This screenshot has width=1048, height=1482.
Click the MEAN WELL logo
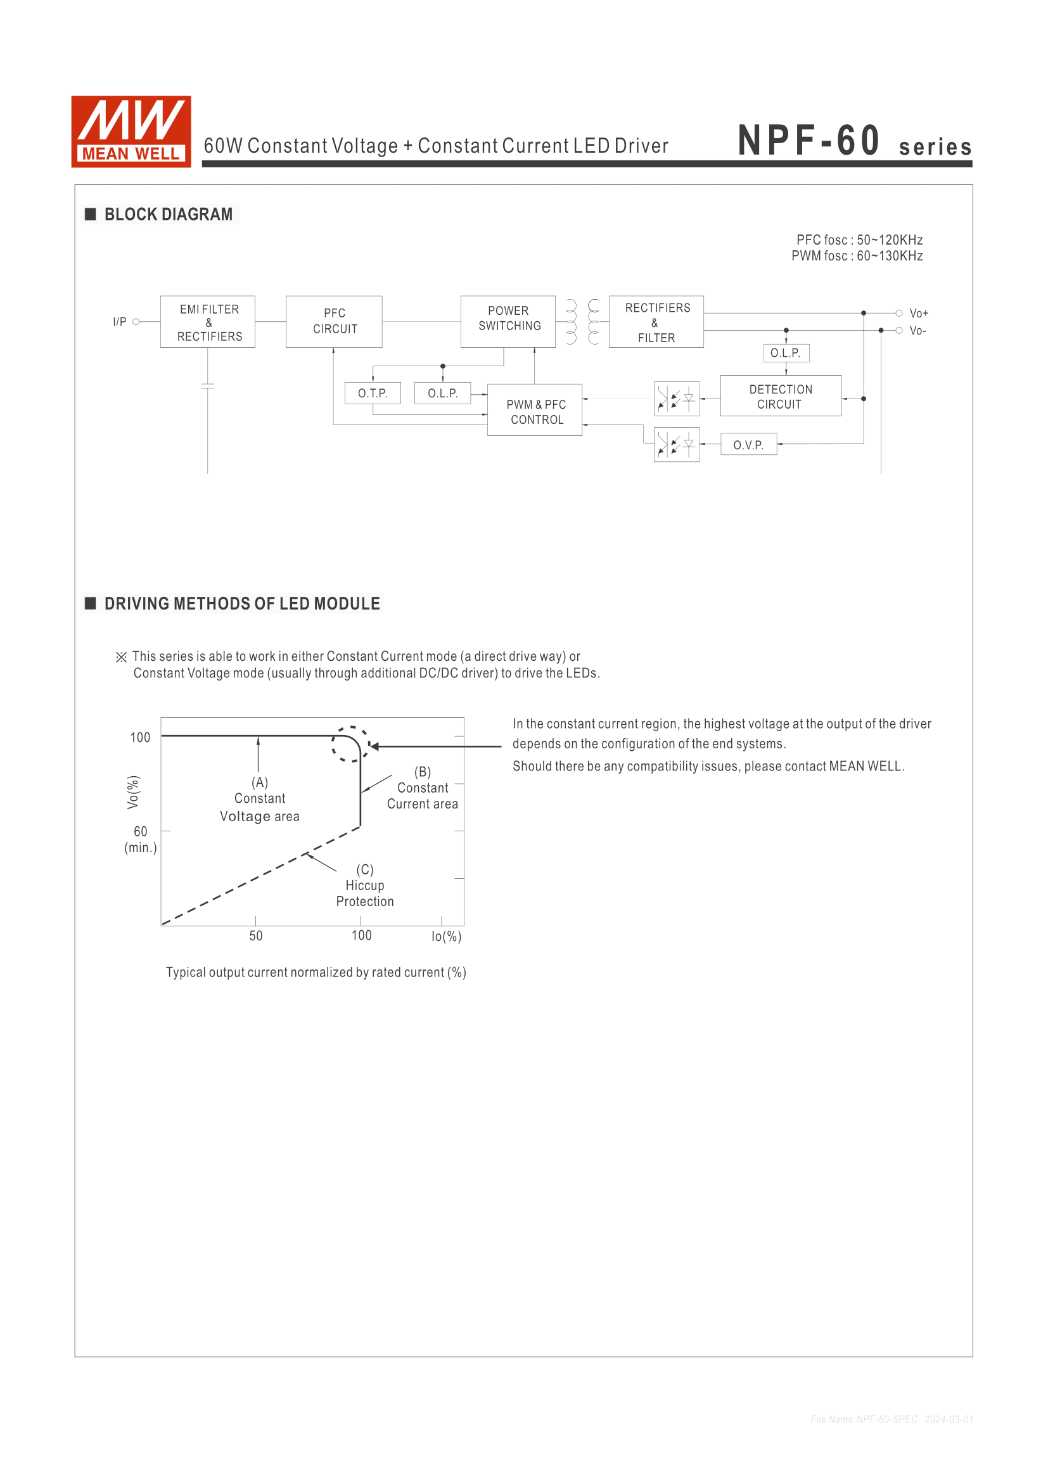point(131,132)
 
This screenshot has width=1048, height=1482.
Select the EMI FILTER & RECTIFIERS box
point(208,322)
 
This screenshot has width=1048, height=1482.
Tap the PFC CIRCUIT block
point(335,321)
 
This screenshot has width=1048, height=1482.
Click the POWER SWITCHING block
point(508,321)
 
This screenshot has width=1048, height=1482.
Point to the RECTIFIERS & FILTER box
point(656,322)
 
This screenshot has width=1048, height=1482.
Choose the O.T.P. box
point(373,393)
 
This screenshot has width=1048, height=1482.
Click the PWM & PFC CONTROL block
point(535,411)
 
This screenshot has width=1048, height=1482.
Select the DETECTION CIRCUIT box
point(781,396)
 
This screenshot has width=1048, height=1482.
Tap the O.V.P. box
point(748,445)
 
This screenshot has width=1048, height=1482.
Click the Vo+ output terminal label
point(919,314)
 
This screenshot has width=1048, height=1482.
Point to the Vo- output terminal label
point(917,331)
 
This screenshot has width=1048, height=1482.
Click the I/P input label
point(119,321)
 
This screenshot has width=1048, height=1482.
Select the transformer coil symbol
point(582,321)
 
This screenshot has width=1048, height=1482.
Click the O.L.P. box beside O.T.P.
point(443,393)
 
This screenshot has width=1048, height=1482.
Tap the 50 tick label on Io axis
point(255,936)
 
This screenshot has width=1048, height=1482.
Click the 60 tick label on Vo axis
point(140,831)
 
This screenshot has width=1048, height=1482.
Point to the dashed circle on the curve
point(350,744)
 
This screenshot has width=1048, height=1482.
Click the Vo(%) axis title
point(133,792)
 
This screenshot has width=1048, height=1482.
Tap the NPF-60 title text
point(808,141)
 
